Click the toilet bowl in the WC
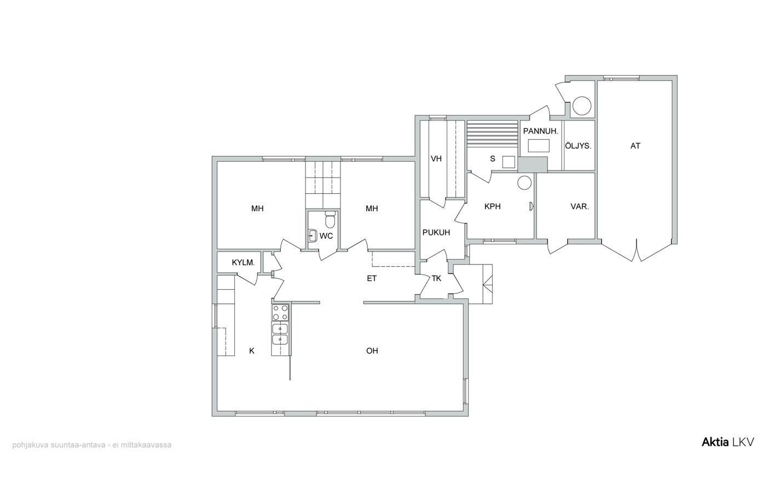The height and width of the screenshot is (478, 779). click(330, 219)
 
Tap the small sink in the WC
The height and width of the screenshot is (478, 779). click(313, 235)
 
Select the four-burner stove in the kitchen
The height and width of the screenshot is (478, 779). click(280, 313)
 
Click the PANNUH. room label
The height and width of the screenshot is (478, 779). click(540, 131)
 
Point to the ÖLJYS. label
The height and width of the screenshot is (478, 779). click(578, 146)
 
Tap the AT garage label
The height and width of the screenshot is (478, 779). click(635, 146)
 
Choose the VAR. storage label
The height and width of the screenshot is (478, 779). click(580, 206)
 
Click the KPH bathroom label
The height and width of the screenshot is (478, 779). click(493, 206)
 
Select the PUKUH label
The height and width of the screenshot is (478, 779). click(436, 233)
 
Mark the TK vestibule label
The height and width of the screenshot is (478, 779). click(436, 278)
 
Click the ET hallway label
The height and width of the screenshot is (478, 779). click(372, 278)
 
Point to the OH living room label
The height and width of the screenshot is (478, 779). click(372, 350)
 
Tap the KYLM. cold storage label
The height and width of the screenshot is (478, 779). click(243, 263)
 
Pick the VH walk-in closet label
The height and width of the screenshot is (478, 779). click(436, 159)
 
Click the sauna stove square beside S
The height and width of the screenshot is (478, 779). click(509, 162)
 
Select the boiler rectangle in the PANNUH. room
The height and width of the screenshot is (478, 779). click(539, 146)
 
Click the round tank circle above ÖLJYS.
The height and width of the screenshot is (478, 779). click(582, 106)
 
